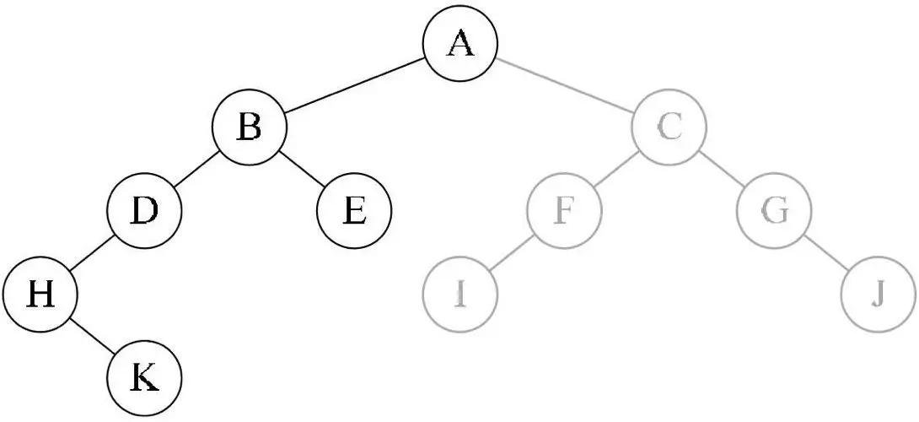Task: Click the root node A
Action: coord(459,44)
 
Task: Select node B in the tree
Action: coord(249,128)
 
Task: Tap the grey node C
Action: coord(669,128)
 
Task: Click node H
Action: coord(39,295)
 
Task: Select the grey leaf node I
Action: coord(459,295)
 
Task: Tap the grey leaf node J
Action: coord(879,295)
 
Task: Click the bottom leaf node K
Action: coord(144,377)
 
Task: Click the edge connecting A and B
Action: coord(354,86)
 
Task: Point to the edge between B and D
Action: coord(196,170)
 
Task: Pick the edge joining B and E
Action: coord(301,170)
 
